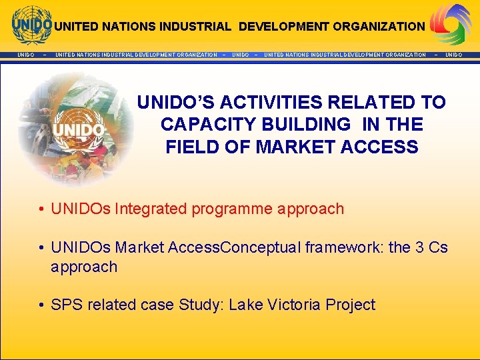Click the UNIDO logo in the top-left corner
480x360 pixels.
31,25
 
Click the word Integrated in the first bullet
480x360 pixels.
151,209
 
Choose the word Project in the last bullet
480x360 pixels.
350,305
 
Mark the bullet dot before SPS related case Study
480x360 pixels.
41,305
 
